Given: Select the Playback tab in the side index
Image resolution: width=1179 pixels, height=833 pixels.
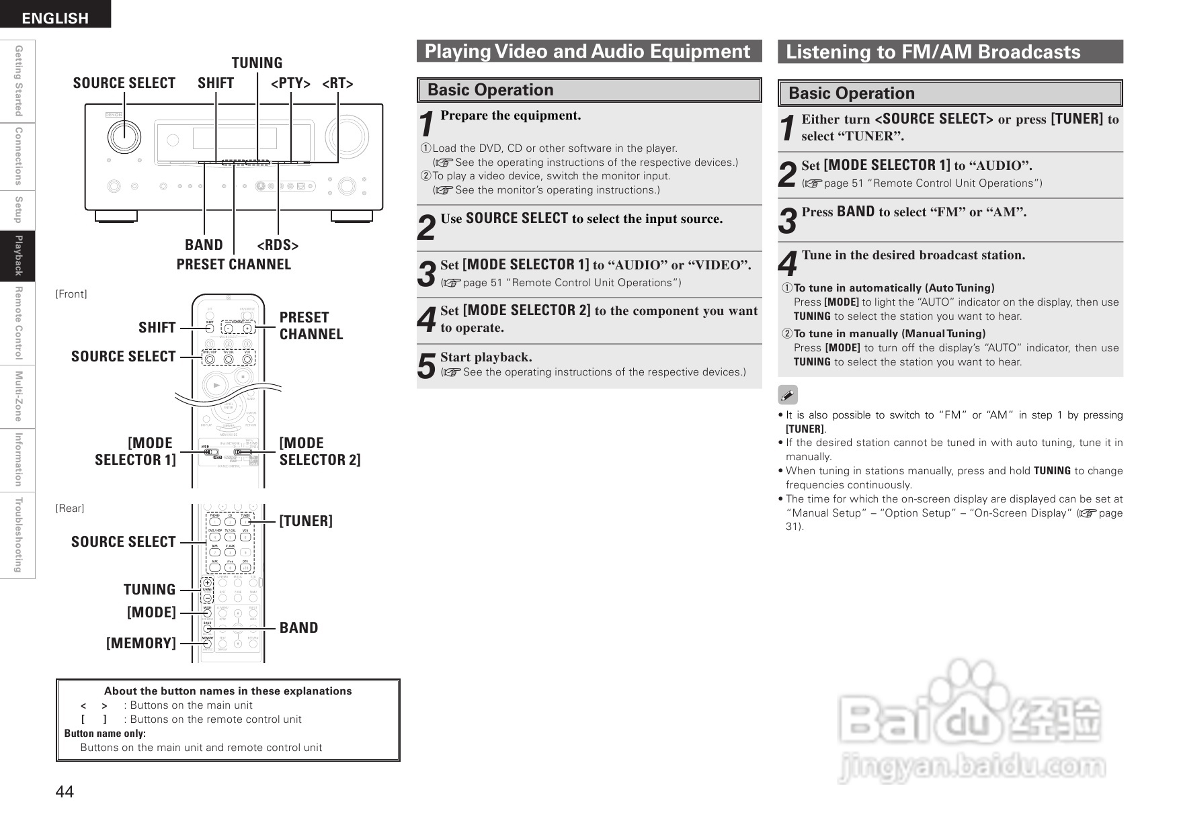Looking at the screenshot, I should [18, 256].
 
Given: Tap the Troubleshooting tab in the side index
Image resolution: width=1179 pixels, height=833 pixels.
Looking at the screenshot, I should [18, 535].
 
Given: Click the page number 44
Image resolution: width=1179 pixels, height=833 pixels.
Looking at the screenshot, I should [65, 792].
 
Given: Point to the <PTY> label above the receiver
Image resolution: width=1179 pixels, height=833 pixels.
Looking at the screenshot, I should [290, 83].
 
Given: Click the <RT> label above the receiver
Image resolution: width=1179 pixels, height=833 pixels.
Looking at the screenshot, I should [337, 83].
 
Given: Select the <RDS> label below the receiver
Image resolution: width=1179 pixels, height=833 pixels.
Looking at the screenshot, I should [278, 245].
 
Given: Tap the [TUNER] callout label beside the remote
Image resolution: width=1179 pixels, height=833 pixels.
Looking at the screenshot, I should [306, 521].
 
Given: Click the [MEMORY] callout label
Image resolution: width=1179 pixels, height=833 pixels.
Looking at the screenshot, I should [141, 644].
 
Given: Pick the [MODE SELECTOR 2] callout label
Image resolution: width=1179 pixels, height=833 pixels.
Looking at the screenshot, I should [319, 451].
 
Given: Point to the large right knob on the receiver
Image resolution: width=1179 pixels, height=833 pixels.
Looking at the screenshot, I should [347, 136].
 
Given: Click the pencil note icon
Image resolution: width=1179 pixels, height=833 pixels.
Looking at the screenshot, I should [788, 395].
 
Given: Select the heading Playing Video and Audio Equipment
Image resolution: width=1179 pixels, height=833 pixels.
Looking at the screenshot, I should [587, 52].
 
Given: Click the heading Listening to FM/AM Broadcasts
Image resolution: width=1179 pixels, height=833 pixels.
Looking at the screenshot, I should [933, 52].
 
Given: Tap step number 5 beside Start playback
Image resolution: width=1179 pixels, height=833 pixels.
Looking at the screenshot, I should [426, 366].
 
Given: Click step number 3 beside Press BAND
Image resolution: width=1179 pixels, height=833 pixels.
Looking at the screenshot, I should [787, 222].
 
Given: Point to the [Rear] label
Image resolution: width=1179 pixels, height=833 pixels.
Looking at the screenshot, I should [70, 509].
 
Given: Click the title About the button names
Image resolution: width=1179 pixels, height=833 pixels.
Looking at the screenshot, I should [228, 691].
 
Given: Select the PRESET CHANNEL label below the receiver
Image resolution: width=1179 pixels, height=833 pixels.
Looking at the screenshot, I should [234, 265].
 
